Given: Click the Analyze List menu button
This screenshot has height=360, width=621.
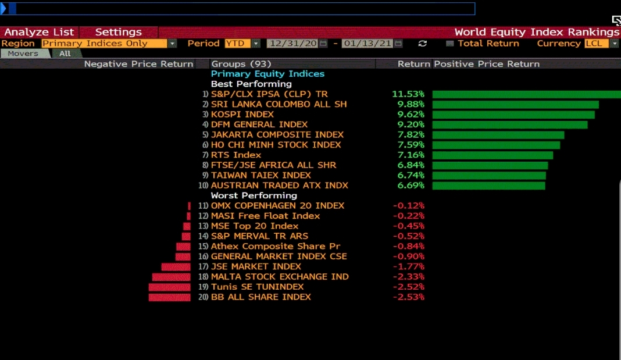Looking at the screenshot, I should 40,33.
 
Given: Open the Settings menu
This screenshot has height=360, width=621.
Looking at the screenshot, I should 118,33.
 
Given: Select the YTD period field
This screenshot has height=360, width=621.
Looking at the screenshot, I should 235,44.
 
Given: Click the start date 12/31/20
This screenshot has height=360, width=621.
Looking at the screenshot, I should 292,44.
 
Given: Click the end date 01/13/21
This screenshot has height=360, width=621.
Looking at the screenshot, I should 367,44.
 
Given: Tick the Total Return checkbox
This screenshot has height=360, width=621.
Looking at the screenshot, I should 450,44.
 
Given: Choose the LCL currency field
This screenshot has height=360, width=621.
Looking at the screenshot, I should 597,44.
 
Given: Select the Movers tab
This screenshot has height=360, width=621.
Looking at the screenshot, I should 23,54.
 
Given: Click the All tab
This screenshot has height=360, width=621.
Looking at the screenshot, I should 65,54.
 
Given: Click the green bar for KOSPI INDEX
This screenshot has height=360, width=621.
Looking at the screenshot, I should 513,115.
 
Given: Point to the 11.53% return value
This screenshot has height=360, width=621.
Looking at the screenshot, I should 408,94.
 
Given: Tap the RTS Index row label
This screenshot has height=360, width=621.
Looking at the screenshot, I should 236,155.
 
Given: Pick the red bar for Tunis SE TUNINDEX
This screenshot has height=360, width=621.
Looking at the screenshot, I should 169,287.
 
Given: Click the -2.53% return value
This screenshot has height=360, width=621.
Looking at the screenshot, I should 408,297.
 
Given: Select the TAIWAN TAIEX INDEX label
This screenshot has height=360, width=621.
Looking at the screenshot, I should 260,176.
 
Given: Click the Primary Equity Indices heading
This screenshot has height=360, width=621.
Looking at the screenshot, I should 267,74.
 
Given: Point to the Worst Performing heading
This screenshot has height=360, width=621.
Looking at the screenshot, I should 254,196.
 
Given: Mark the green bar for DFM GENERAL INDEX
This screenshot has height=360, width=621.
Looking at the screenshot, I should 509,124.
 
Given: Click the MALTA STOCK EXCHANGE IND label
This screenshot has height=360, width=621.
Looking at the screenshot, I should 280,277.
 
